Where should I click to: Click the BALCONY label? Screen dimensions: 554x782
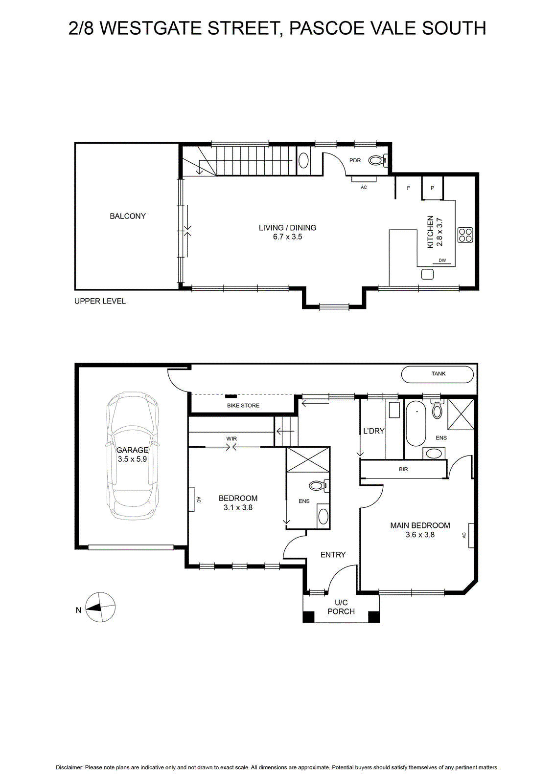(128, 216)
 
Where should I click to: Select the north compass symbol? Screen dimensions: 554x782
(100, 607)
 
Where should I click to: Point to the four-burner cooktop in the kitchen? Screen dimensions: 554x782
(465, 235)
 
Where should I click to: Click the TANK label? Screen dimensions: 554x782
(439, 373)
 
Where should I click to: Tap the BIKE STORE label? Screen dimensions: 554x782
(243, 405)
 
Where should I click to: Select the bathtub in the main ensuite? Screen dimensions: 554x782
(415, 422)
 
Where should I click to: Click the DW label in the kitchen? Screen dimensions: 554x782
(442, 260)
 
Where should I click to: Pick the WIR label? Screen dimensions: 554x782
(231, 438)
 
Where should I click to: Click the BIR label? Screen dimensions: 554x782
(403, 469)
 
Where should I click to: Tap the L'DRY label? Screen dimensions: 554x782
(373, 431)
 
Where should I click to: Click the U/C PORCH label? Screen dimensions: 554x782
(341, 607)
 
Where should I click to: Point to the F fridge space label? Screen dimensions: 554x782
(408, 188)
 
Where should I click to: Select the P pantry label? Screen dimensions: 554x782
(432, 188)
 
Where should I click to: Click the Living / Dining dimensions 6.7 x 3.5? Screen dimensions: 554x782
(287, 237)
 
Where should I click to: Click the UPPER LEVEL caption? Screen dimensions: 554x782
(100, 301)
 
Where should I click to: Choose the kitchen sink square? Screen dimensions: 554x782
(427, 274)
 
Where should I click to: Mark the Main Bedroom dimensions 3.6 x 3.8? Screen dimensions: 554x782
(420, 535)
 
